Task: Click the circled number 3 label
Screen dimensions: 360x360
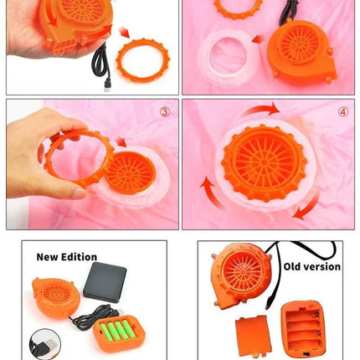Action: (165, 111)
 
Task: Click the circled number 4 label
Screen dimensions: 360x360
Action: (343, 112)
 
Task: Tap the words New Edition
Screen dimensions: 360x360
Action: (67, 257)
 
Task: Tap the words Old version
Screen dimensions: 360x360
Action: (312, 267)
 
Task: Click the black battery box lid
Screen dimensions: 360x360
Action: (105, 282)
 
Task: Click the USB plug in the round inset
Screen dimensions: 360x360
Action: (49, 344)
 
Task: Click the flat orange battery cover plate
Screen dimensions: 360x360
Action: (253, 336)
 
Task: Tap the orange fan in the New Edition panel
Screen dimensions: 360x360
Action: (56, 297)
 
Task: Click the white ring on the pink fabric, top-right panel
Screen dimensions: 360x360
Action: (228, 57)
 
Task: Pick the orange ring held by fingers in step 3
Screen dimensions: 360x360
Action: (75, 157)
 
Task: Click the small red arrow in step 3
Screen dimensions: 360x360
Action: (121, 142)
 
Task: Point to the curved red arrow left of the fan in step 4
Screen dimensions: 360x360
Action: (211, 193)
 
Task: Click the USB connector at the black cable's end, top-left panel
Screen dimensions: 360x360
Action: (106, 85)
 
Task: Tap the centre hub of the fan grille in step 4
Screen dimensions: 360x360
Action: (264, 162)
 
